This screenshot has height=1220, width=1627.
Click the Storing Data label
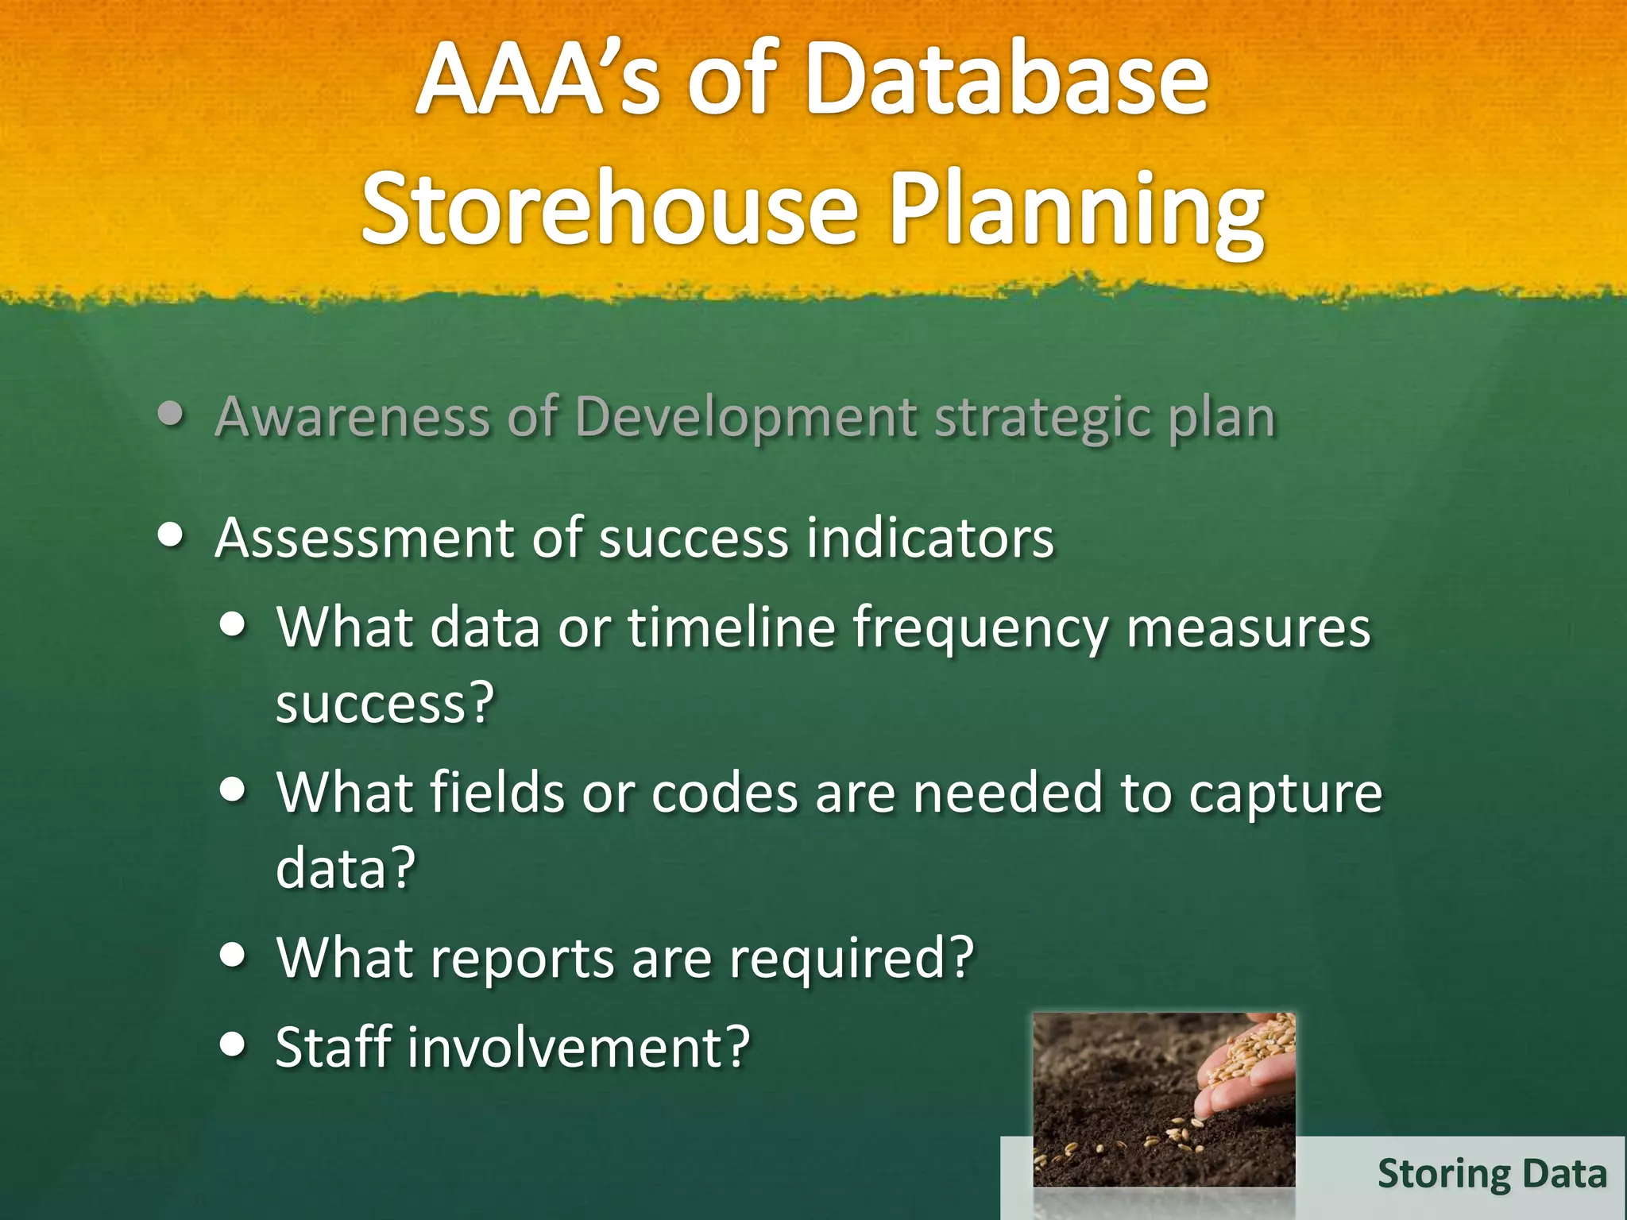coord(1492,1174)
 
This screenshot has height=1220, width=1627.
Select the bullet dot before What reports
coord(233,956)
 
